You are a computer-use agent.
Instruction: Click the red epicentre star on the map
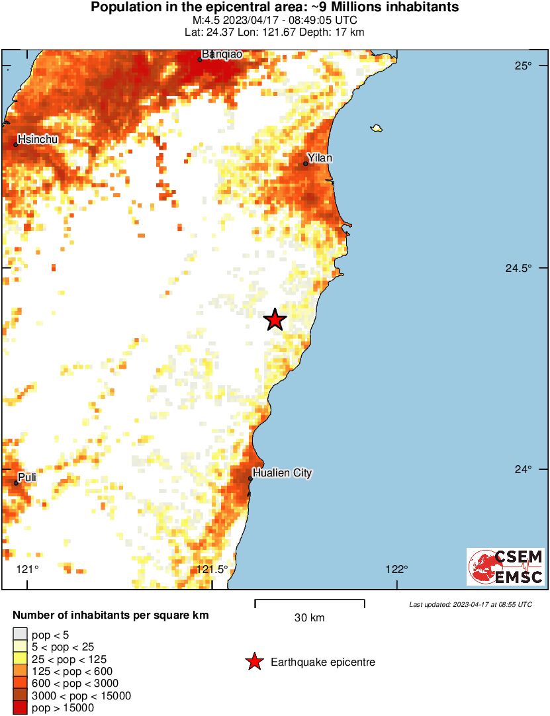[275, 320]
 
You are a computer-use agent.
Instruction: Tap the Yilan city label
[321, 158]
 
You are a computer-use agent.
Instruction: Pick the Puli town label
[27, 477]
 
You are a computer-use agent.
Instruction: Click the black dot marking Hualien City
[251, 478]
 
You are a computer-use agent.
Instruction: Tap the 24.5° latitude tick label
[518, 269]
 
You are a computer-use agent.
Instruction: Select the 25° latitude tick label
[524, 66]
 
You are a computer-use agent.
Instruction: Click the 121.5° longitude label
[212, 569]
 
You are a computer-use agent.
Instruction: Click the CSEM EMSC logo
[506, 566]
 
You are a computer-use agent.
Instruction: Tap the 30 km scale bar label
[309, 618]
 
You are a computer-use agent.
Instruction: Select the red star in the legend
[254, 662]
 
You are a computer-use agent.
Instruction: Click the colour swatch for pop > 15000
[20, 708]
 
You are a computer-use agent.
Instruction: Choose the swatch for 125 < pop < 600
[20, 672]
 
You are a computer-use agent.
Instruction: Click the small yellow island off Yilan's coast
[377, 128]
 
